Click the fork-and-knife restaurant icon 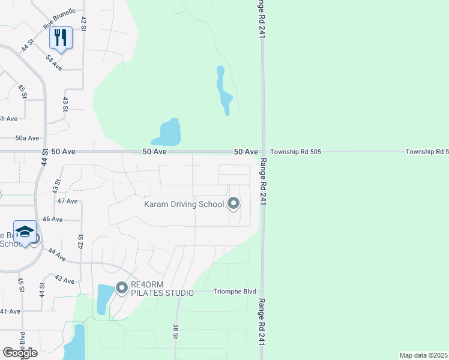point(61,37)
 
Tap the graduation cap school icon point(25,232)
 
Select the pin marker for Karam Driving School point(233,205)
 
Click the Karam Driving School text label point(184,205)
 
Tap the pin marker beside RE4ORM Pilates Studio point(122,289)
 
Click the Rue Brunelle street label point(59,19)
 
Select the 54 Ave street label point(54,62)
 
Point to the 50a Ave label point(27,138)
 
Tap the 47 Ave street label point(68,201)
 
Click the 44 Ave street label point(56,255)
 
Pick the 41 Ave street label point(10,311)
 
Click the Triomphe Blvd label point(231,292)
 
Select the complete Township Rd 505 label point(295,152)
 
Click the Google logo point(20,353)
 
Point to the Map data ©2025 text point(423,355)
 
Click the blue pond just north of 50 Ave point(168,133)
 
